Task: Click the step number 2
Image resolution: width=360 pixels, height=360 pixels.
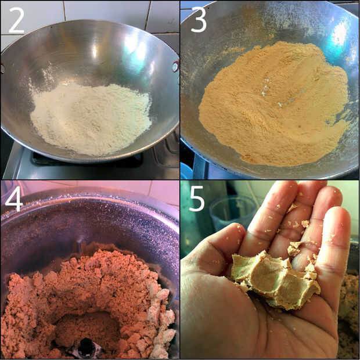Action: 16,20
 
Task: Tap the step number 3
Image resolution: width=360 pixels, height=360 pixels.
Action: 199,19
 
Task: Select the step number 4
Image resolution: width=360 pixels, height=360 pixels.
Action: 14,199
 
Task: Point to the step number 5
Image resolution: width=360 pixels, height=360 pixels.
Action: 196,199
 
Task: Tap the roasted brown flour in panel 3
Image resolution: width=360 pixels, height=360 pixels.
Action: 273,103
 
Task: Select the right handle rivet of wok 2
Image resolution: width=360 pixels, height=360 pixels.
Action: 175,67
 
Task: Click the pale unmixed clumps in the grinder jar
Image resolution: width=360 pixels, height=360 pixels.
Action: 161,322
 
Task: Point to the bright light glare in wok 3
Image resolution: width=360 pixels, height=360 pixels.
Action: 339,34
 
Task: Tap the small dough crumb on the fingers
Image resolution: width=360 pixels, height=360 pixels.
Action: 305,224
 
